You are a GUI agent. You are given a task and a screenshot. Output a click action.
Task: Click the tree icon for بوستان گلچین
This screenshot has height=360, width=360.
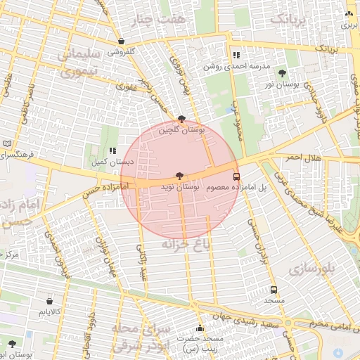[182, 119]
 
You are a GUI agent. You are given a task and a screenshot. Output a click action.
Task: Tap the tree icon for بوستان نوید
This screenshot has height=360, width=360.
[181, 176]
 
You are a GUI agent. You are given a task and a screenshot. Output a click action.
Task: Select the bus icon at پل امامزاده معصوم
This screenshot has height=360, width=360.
[236, 176]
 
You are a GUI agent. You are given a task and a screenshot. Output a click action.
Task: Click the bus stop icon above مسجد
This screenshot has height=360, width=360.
[274, 289]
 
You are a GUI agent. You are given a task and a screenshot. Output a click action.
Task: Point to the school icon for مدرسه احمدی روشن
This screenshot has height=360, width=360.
[236, 55]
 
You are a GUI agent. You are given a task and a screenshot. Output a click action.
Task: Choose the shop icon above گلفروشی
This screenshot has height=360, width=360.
[122, 41]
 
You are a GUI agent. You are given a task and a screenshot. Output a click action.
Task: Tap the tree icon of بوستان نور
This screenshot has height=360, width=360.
[282, 72]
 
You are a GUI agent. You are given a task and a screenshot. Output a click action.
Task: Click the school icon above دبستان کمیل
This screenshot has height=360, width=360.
[112, 150]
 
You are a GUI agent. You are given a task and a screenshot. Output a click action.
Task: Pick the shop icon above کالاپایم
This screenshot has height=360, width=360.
[49, 301]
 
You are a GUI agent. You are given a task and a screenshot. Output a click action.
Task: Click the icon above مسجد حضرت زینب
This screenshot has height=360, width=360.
[200, 328]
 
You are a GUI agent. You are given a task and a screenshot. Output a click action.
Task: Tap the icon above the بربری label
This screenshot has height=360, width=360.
[349, 13]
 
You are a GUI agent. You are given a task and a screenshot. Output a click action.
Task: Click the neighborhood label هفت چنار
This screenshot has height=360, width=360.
[163, 19]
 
